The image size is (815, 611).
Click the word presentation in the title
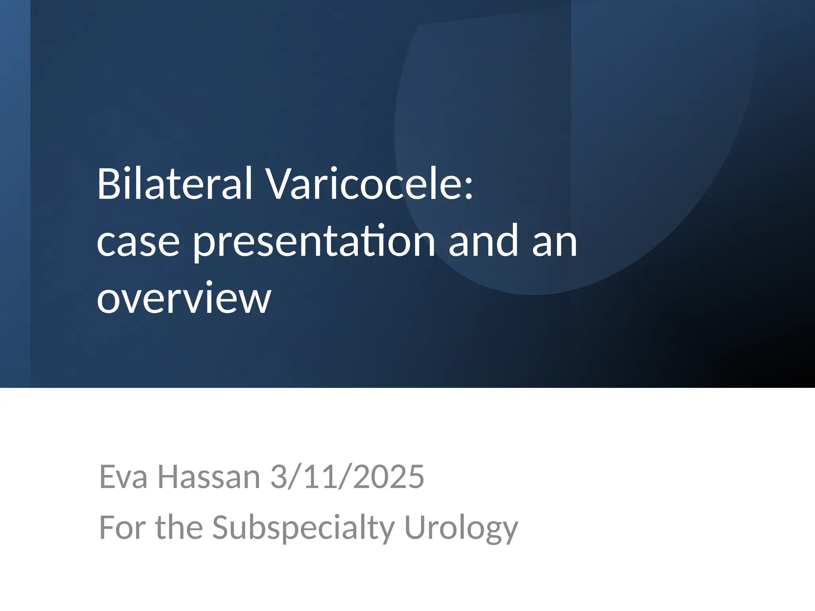[x=314, y=242]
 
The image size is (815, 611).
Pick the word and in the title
[x=483, y=241]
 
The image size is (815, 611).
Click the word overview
[x=184, y=298]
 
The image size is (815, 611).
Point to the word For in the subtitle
[x=123, y=527]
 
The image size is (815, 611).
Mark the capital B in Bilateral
[x=108, y=184]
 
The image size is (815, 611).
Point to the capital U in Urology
[x=414, y=527]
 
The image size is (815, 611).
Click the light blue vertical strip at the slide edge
[x=15, y=194]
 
